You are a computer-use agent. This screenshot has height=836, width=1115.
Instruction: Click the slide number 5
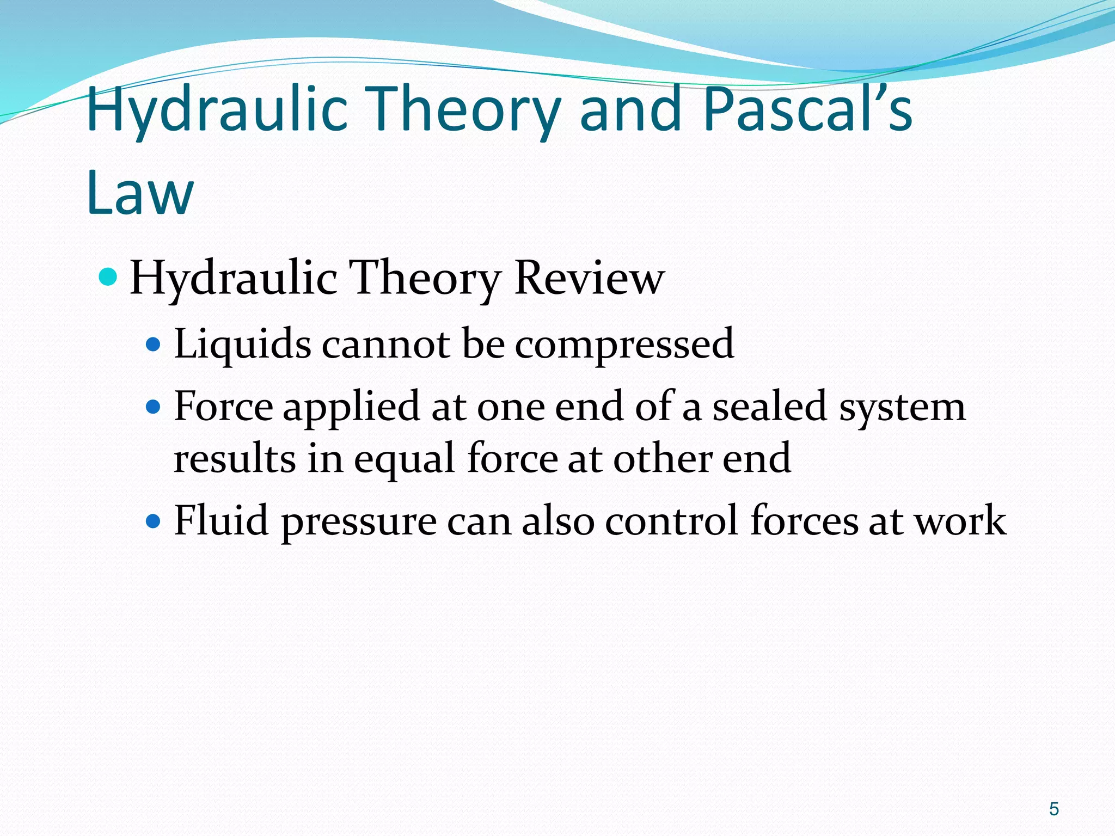[x=1054, y=809]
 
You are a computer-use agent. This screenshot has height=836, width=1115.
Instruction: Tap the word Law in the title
[x=140, y=192]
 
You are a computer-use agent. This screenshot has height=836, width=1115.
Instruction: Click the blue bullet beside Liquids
[x=154, y=345]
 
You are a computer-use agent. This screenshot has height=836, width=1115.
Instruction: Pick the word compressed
[x=624, y=345]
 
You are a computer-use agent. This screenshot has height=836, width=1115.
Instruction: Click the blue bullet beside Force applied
[x=154, y=407]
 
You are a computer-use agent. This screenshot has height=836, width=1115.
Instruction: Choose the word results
[x=235, y=458]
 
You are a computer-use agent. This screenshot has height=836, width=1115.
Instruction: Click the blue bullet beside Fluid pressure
[x=154, y=521]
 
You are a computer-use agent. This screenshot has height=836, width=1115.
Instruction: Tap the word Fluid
[x=221, y=520]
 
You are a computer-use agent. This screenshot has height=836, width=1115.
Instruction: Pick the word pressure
[x=359, y=522]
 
